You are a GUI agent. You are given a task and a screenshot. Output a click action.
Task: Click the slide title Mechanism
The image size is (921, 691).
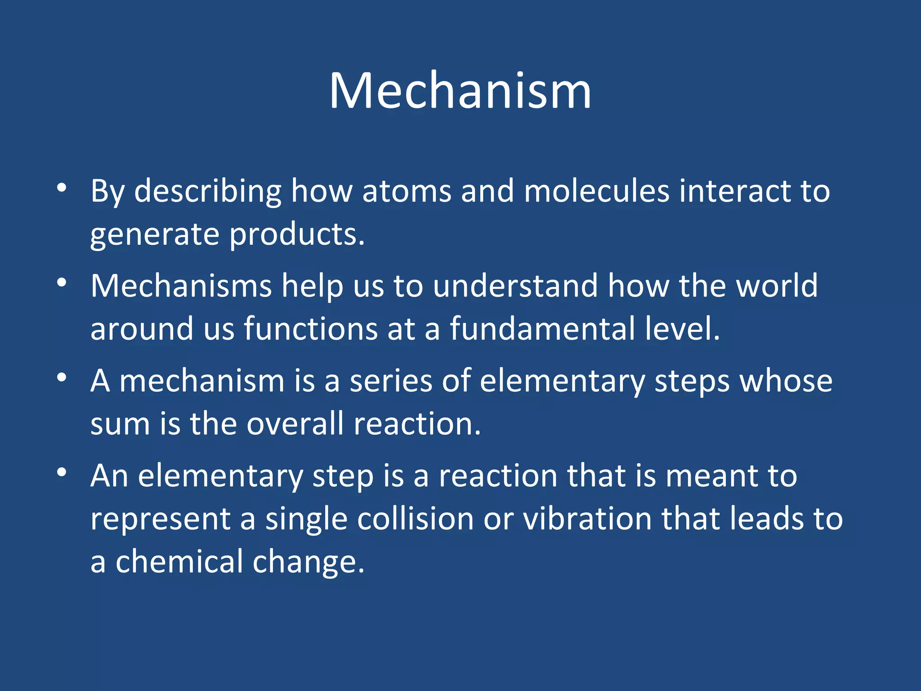coord(460,91)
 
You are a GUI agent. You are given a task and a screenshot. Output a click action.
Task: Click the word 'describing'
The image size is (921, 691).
coord(208,192)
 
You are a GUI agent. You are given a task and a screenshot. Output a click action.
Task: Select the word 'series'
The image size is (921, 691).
coord(391,381)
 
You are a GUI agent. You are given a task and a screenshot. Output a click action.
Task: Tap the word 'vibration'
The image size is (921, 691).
coord(587,519)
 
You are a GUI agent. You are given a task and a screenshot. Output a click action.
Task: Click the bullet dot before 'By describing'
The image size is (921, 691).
coord(62,188)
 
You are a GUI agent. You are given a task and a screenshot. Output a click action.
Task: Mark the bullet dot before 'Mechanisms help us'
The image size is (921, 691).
coord(62,283)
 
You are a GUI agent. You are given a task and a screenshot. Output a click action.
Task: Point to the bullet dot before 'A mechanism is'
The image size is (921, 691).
coord(62,377)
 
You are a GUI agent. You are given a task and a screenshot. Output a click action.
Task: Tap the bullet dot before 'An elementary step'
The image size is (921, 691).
coord(62,472)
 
